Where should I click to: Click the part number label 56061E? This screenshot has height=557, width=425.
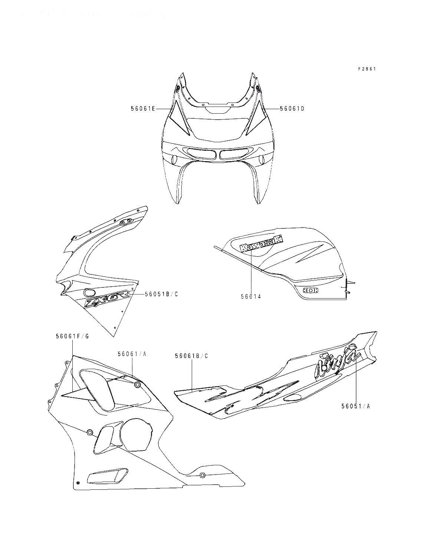pyautogui.click(x=143, y=108)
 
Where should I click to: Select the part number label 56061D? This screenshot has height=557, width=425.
pyautogui.click(x=292, y=108)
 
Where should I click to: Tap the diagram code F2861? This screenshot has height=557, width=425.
pyautogui.click(x=367, y=69)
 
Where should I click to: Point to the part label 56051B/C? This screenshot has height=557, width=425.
pyautogui.click(x=161, y=294)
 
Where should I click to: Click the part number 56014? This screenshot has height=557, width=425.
pyautogui.click(x=251, y=296)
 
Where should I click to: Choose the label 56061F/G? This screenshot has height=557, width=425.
pyautogui.click(x=72, y=336)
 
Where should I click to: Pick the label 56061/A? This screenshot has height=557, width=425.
pyautogui.click(x=132, y=354)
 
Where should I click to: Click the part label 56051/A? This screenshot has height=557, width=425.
pyautogui.click(x=356, y=406)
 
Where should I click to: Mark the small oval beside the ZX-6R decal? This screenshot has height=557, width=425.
pyautogui.click(x=88, y=292)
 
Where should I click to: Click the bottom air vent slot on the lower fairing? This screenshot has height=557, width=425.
pyautogui.click(x=106, y=476)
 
